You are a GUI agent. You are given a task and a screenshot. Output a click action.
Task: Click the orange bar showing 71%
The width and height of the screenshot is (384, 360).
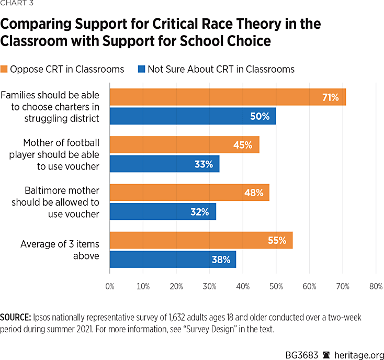click(x=228, y=97)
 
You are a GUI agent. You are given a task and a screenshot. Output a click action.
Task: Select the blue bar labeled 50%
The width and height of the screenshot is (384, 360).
click(x=193, y=116)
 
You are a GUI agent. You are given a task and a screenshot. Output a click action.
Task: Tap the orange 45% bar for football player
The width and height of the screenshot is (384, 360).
click(x=184, y=145)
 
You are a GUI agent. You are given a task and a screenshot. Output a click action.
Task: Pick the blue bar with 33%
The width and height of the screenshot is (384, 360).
click(x=164, y=164)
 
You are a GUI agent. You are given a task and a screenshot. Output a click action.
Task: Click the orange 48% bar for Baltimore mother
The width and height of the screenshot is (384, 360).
click(x=189, y=193)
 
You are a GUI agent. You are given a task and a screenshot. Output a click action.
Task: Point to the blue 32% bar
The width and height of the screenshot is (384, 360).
click(x=163, y=211)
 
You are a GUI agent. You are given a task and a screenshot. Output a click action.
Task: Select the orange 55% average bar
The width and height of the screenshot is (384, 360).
click(x=201, y=240)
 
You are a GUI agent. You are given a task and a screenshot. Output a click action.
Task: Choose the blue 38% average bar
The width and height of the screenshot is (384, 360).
click(x=173, y=259)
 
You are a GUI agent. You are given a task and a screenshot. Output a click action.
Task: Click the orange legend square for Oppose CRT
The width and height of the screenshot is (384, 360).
click(x=4, y=69)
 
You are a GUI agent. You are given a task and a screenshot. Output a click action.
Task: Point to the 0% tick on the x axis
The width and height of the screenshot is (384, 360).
click(x=110, y=287)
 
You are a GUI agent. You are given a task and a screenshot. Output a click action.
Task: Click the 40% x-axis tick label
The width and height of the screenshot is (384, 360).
click(x=243, y=287)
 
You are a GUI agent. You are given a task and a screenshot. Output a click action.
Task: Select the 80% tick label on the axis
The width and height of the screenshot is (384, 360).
click(x=376, y=287)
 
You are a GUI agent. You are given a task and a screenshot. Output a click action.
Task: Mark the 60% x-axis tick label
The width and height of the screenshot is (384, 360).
click(x=309, y=287)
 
